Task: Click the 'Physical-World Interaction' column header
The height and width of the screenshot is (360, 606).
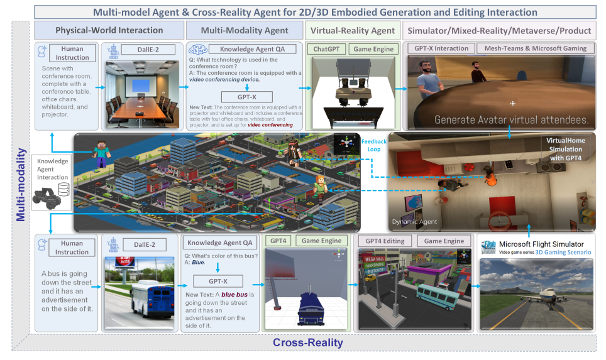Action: [x=109, y=30]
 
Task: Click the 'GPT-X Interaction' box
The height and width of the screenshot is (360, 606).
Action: [x=441, y=48]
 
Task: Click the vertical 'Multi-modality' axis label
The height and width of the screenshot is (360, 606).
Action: [x=21, y=185]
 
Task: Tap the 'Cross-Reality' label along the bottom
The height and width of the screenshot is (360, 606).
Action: [x=308, y=343]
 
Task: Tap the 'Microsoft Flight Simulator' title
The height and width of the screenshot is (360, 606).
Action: [x=541, y=244]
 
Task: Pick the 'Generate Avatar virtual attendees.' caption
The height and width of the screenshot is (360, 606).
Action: [x=510, y=119]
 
